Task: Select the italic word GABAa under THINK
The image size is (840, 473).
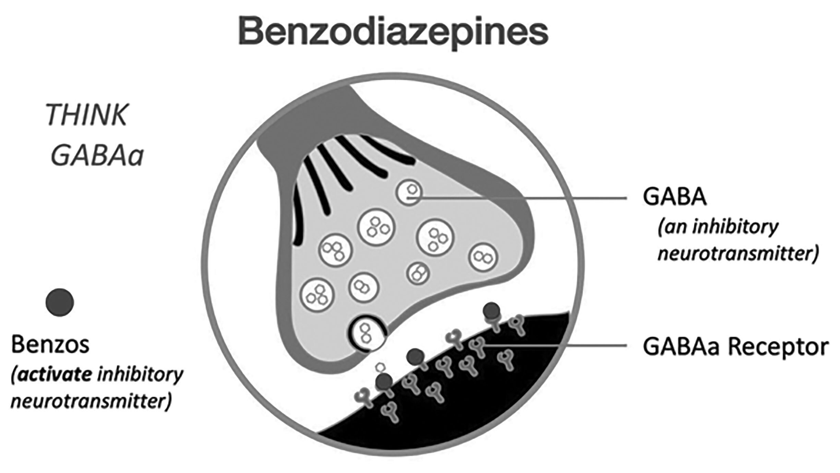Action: (x=97, y=156)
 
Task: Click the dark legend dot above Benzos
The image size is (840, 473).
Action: (x=60, y=302)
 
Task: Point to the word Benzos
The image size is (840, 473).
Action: (x=50, y=345)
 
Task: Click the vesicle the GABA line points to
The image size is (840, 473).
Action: (x=409, y=193)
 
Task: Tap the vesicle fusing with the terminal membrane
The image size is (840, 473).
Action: (x=367, y=333)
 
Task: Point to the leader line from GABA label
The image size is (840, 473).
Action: (x=521, y=198)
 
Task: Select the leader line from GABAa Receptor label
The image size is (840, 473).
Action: (x=555, y=346)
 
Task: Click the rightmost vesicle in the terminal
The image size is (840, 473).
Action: (x=483, y=257)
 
